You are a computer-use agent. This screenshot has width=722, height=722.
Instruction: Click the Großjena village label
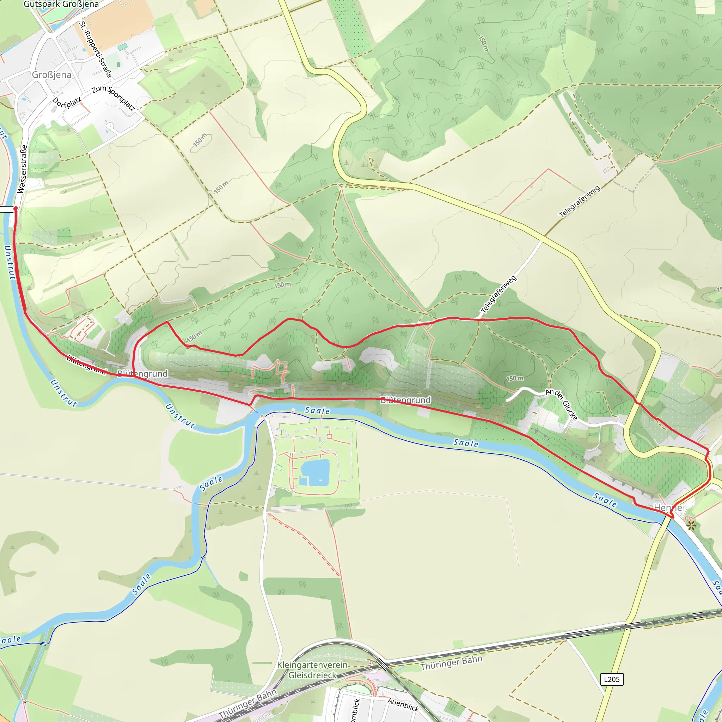[x=51, y=75]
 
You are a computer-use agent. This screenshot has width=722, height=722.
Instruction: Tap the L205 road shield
[x=612, y=679]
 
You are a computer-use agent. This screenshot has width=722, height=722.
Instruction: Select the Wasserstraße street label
[x=23, y=169]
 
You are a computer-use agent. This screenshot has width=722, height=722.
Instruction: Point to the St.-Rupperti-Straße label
[x=95, y=49]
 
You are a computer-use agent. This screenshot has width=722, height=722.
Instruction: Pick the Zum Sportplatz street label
[x=113, y=98]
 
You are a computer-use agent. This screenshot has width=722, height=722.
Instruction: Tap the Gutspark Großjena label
[x=61, y=4]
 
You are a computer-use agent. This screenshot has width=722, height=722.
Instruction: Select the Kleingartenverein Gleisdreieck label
[x=312, y=670]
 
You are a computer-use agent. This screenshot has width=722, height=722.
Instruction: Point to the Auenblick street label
[x=403, y=704]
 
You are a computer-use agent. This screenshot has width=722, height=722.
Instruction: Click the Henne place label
[x=668, y=508]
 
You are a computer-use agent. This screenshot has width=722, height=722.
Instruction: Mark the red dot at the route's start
[x=15, y=208]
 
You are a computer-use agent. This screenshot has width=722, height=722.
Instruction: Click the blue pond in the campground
[x=315, y=473]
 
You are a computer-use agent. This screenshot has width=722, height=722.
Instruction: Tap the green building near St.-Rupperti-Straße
[x=123, y=47]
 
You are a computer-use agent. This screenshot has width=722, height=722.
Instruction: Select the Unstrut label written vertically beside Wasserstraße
[x=10, y=262]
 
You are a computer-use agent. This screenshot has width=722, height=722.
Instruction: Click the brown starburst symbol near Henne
[x=691, y=525]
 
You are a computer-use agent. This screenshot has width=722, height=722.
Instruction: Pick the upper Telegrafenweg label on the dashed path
[x=579, y=201]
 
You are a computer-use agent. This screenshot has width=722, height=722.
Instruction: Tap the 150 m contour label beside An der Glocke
[x=515, y=379]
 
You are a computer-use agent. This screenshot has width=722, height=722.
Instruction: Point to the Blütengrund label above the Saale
[x=405, y=400]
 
